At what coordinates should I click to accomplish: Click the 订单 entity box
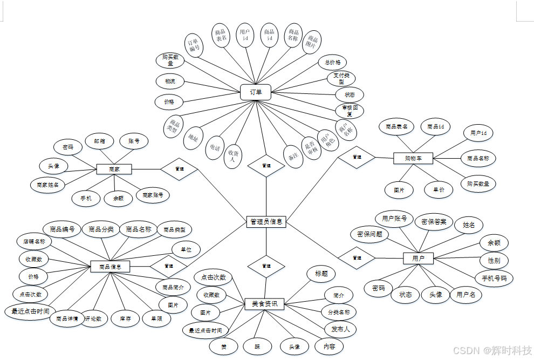tap(256, 92)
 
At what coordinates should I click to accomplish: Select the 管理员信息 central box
tap(266, 221)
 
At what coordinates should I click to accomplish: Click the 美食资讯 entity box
tap(264, 304)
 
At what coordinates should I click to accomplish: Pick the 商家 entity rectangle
tap(114, 169)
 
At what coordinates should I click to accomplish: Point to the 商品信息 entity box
tap(110, 267)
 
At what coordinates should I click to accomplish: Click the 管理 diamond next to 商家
tap(180, 169)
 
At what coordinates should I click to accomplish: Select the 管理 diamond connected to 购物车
tap(357, 157)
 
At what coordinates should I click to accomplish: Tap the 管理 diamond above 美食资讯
tap(266, 266)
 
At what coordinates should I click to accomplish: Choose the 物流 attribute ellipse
tap(170, 82)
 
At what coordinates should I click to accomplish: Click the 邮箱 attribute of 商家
tap(100, 141)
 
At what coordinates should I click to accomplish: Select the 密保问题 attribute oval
tap(369, 234)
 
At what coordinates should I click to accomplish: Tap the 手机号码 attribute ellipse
tap(494, 279)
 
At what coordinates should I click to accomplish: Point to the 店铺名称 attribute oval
tap(34, 241)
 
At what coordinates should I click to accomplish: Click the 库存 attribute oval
tap(126, 319)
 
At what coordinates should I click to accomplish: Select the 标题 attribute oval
tap(321, 274)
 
